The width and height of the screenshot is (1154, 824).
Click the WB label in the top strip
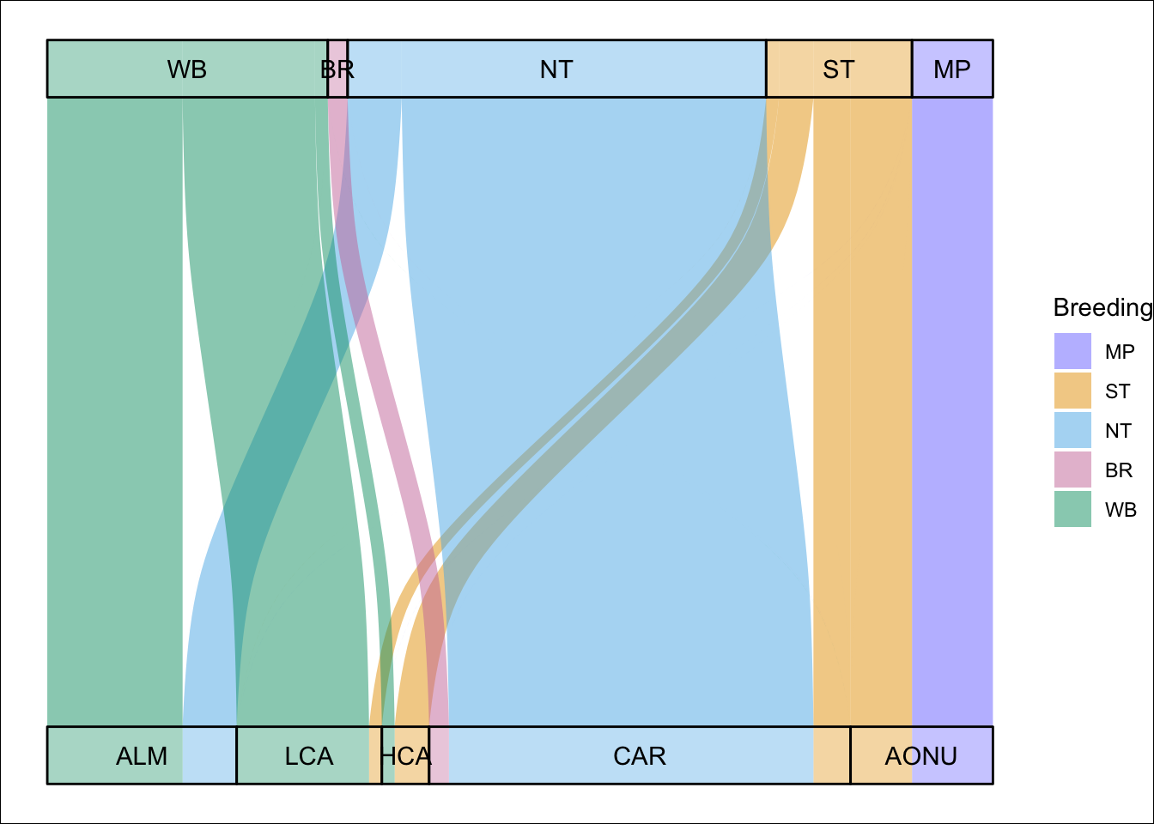(186, 70)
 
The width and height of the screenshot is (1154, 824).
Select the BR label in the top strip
(337, 70)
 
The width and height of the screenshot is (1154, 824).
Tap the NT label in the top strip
(556, 70)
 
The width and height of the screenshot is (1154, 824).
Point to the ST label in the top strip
(839, 70)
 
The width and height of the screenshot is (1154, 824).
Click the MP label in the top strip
(952, 70)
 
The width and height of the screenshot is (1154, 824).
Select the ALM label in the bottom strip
(142, 756)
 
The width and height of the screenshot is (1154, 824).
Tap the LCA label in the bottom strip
(309, 756)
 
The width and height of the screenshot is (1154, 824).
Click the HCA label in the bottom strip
(406, 756)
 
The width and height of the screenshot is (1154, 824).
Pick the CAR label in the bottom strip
(640, 756)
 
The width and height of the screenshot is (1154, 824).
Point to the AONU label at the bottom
(921, 756)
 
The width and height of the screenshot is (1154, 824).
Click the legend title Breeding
(1102, 307)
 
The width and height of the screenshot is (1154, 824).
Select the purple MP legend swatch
(1072, 352)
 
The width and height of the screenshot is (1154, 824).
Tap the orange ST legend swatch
(1072, 391)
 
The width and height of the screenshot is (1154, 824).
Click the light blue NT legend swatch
(1072, 431)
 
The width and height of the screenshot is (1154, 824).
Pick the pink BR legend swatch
(1072, 470)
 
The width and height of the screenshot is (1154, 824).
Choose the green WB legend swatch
(1072, 510)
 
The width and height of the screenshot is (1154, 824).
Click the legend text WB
(1121, 510)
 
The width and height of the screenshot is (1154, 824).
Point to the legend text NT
(1118, 431)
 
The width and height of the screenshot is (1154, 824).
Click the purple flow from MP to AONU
(952, 412)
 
